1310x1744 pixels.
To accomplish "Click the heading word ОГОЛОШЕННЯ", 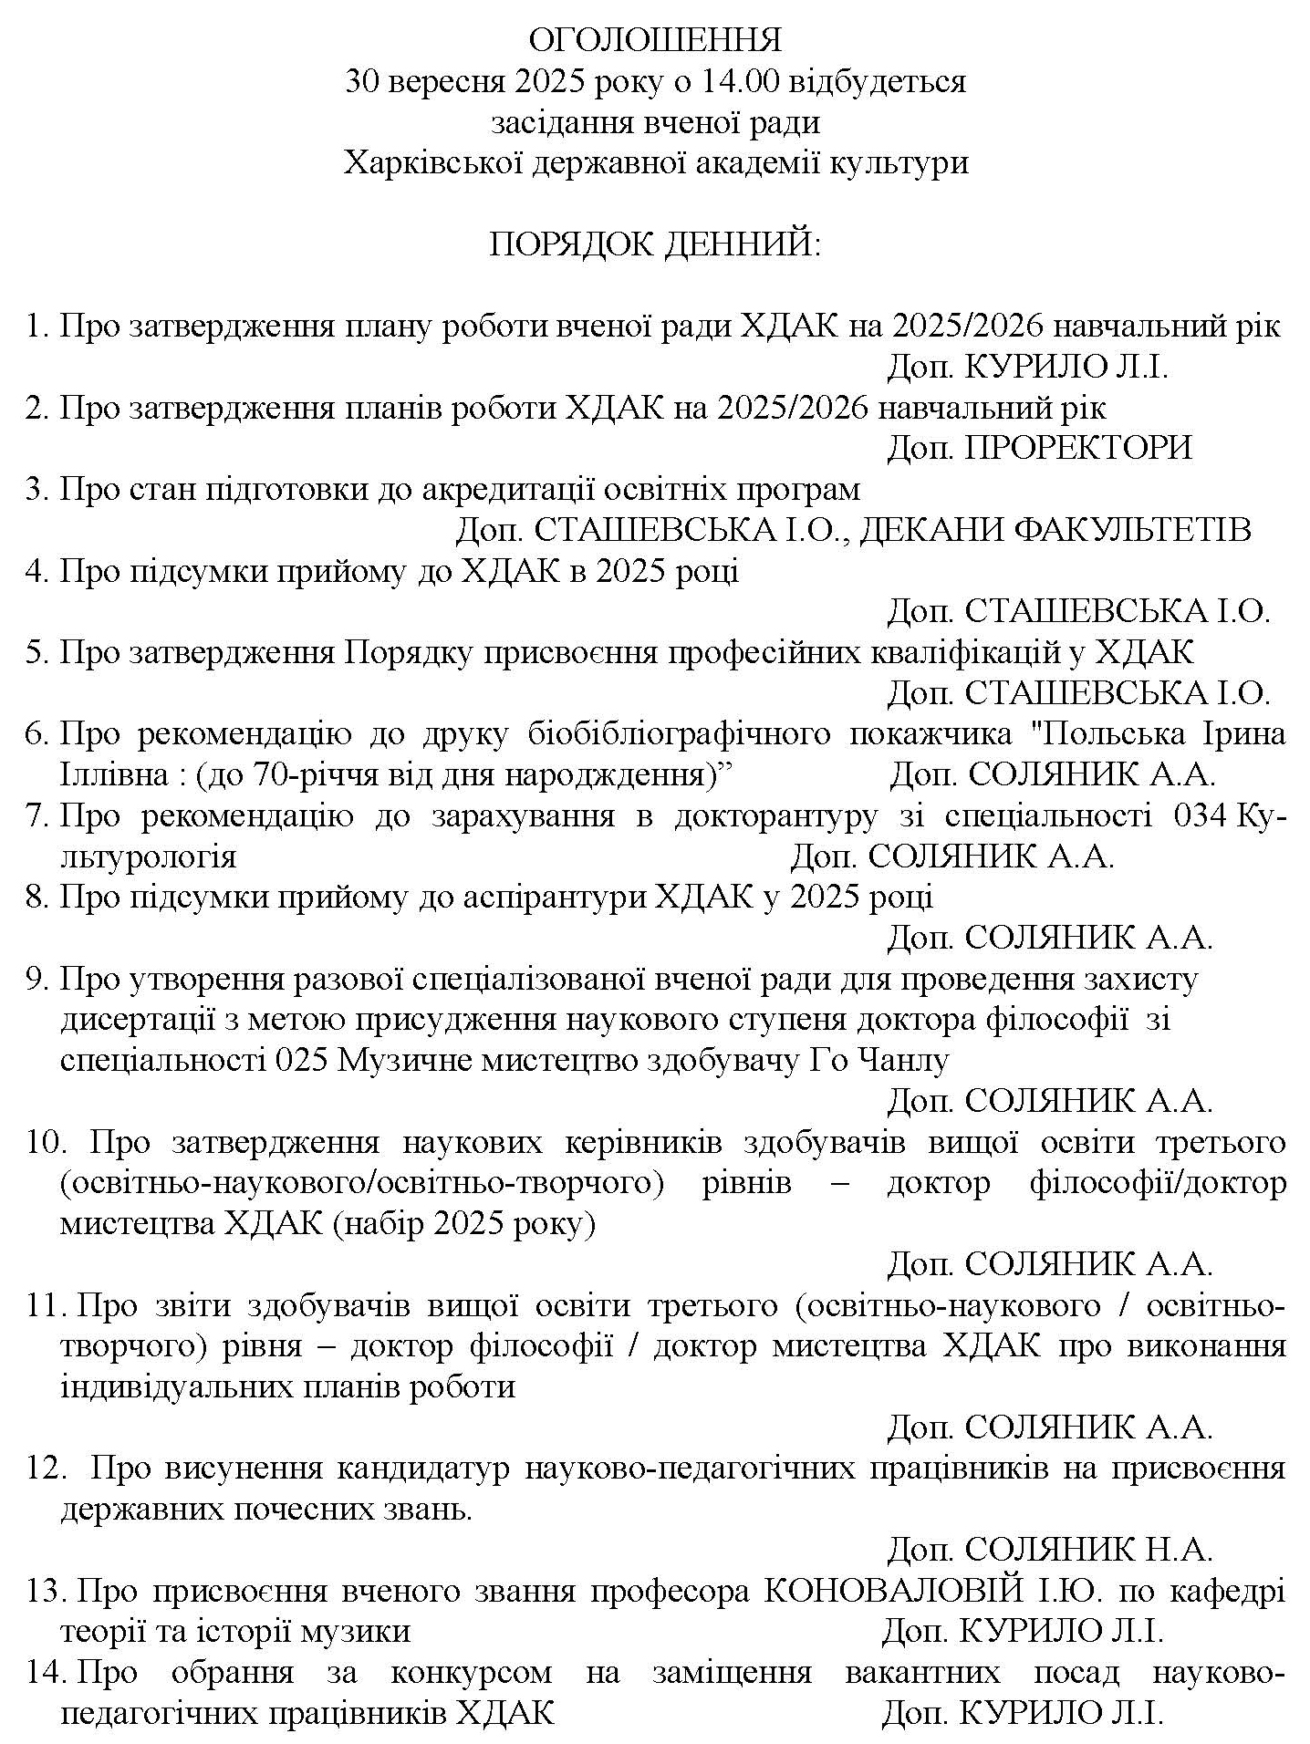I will point(655,41).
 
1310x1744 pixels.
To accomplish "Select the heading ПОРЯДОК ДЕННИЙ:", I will point(655,244).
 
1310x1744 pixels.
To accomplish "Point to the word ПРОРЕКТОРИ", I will point(1078,448).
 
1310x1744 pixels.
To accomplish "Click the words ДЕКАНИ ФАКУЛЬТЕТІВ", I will point(1055,530).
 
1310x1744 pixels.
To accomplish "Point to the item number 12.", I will point(45,1469).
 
